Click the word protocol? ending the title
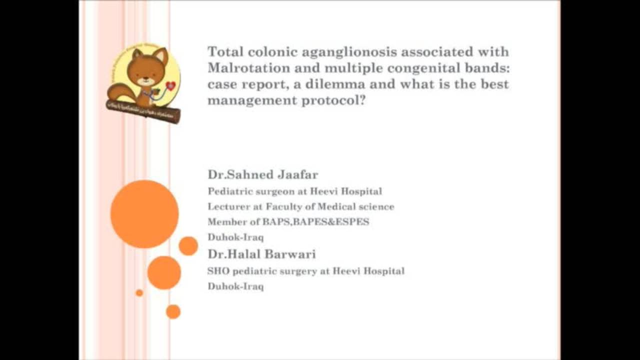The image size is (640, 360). click(x=333, y=100)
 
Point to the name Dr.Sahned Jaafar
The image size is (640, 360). click(x=263, y=174)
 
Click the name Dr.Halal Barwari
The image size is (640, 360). click(x=261, y=254)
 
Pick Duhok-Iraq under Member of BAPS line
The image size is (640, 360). click(x=235, y=237)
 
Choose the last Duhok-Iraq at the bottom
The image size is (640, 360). click(x=235, y=286)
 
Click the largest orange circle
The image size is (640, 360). click(x=144, y=214)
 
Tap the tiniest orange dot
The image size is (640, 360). click(x=139, y=292)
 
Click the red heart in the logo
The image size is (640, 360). click(x=170, y=86)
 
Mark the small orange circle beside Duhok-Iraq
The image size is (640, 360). click(x=188, y=246)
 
